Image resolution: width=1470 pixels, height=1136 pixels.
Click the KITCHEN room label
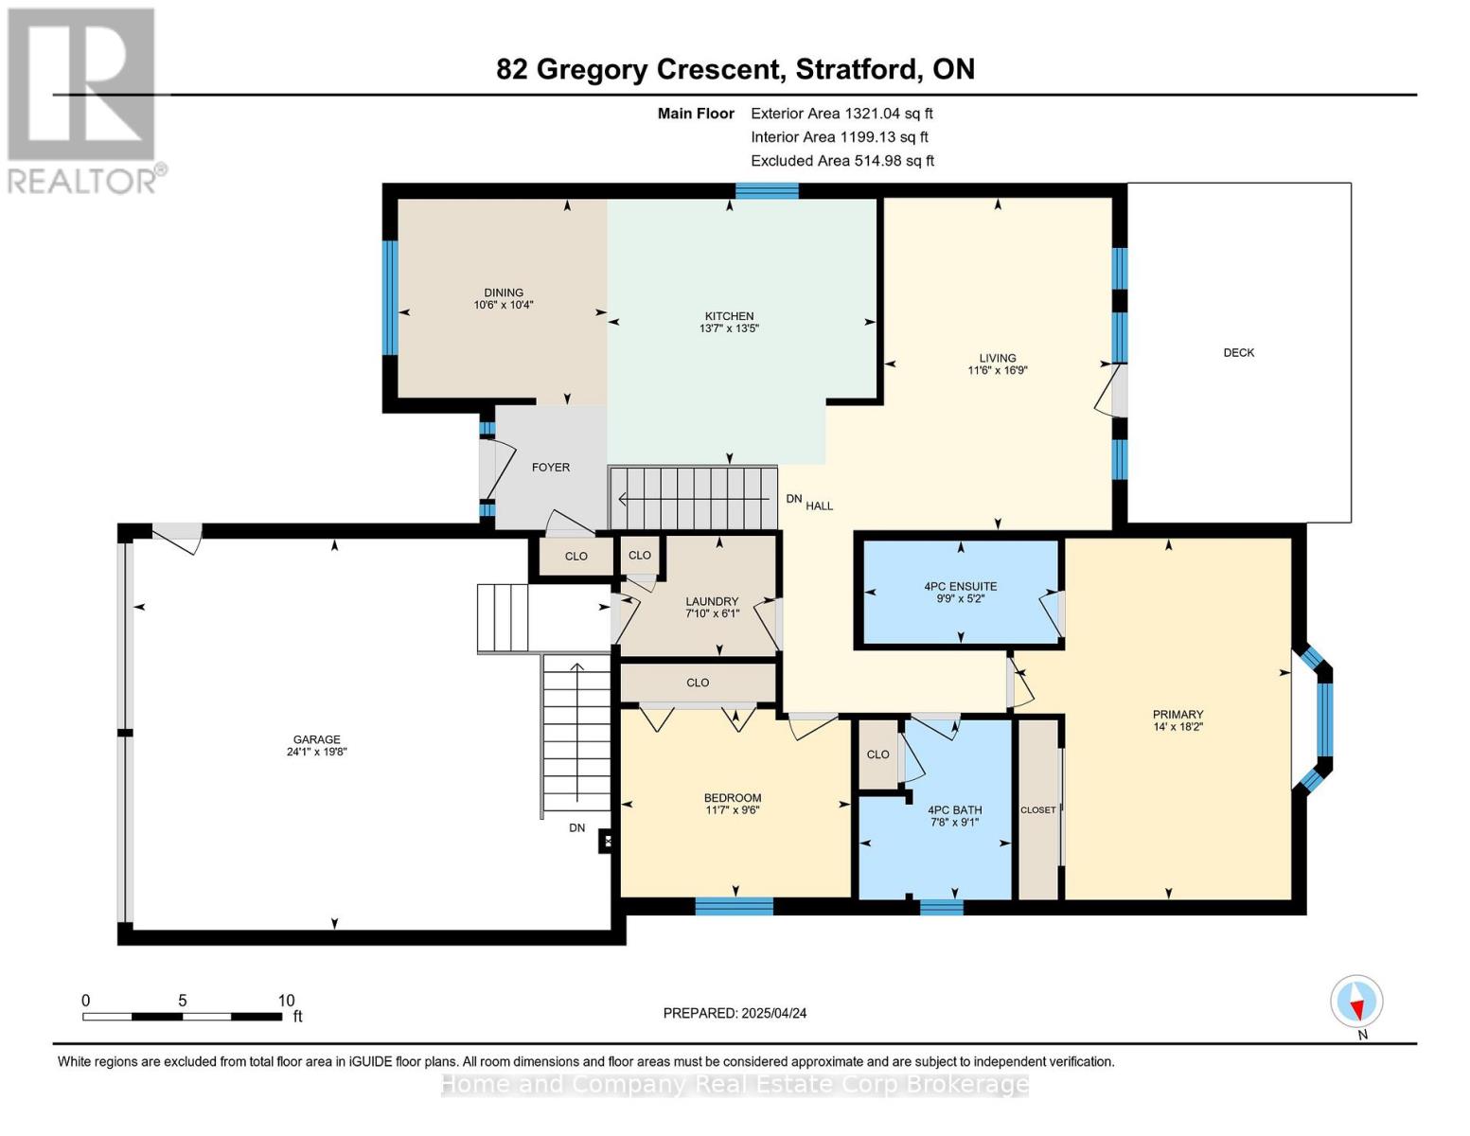pos(729,316)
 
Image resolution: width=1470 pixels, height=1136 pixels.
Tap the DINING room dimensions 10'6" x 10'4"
pos(504,306)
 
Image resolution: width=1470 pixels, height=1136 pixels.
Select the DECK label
pos(1238,352)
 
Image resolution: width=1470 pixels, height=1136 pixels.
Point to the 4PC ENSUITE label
pos(960,586)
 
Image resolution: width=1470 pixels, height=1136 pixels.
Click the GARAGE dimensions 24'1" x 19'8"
pos(316,752)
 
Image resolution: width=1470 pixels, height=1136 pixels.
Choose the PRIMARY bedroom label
pos(1178,715)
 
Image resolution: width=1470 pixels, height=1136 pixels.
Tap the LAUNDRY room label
pos(712,601)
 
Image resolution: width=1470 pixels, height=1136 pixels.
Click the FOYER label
pos(550,467)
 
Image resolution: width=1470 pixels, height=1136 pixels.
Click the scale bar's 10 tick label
pos(286,1001)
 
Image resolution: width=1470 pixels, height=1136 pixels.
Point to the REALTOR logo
pos(83,99)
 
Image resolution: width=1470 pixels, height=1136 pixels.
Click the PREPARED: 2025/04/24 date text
pos(735,1013)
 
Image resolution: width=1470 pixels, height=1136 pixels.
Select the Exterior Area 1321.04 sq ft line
pos(841,113)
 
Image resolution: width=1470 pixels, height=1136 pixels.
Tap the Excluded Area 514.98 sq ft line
pos(841,160)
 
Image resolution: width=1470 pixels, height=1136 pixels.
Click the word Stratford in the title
pos(856,69)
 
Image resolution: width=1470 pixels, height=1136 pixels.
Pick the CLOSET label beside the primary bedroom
pos(1037,809)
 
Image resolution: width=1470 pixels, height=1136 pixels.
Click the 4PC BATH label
pos(954,809)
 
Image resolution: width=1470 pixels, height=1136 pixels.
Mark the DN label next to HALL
pos(793,499)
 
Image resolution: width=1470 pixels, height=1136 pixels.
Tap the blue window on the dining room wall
pos(389,297)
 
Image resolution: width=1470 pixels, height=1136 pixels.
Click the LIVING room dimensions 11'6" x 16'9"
pos(997,370)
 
